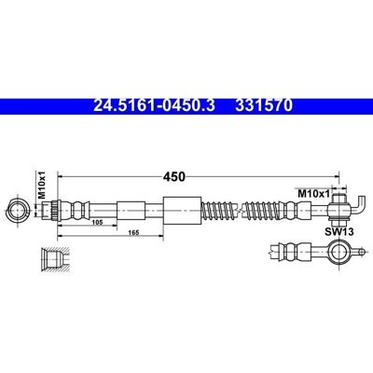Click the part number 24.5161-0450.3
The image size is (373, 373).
pos(154,105)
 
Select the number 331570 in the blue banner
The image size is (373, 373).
pos(264,105)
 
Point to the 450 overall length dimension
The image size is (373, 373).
pos(173,176)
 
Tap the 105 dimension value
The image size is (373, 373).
pos(98,223)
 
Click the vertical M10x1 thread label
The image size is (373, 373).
pos(41,185)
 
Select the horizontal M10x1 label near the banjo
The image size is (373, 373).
pos(313,194)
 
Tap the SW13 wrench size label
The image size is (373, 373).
pos(339,231)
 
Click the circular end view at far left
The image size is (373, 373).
pos(19,211)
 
